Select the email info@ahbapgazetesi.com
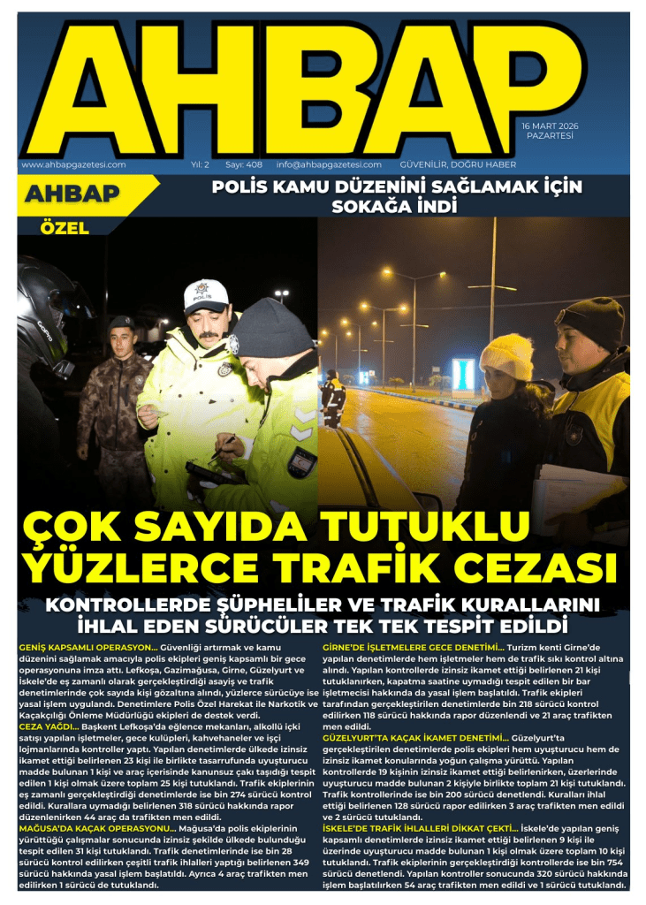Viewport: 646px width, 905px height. pyautogui.click(x=329, y=164)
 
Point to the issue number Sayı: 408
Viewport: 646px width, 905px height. pyautogui.click(x=244, y=164)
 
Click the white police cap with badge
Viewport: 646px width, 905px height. pyautogui.click(x=207, y=297)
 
